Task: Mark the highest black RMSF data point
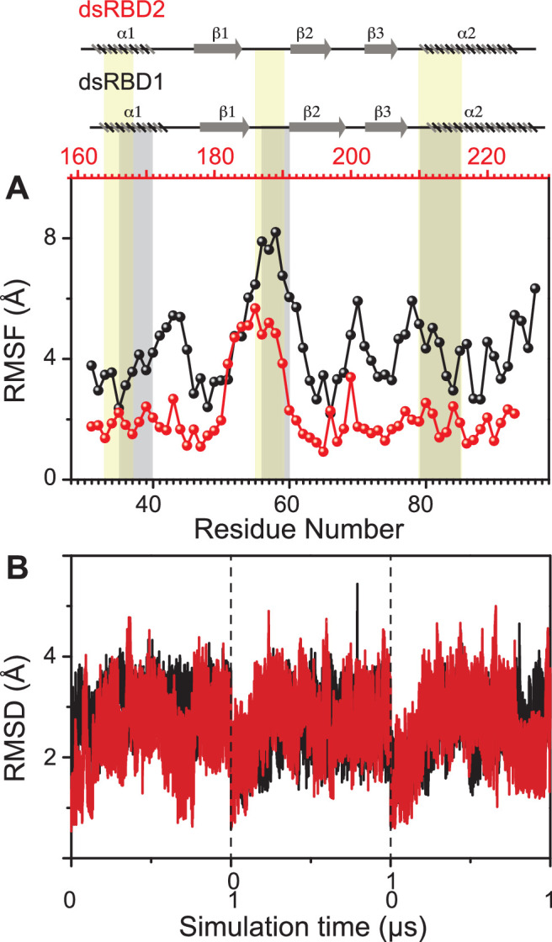click(x=275, y=232)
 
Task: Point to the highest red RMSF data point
click(x=255, y=308)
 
